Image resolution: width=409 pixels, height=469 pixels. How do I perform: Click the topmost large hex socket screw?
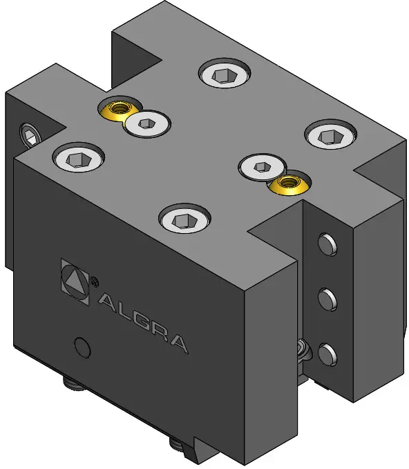click(x=225, y=73)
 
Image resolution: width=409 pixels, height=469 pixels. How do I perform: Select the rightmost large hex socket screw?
click(x=331, y=134)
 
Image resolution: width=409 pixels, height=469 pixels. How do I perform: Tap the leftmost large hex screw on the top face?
click(x=79, y=158)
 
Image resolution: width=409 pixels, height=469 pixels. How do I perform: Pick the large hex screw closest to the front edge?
click(x=184, y=219)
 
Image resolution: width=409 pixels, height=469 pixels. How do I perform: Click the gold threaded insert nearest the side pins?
click(x=289, y=183)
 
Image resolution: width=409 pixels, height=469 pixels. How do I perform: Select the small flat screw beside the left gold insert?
click(x=147, y=123)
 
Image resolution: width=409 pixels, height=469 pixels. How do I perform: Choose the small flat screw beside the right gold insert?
click(x=262, y=167)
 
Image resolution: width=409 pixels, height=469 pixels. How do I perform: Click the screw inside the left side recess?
click(x=30, y=135)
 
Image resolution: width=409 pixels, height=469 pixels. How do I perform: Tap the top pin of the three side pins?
click(x=327, y=245)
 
